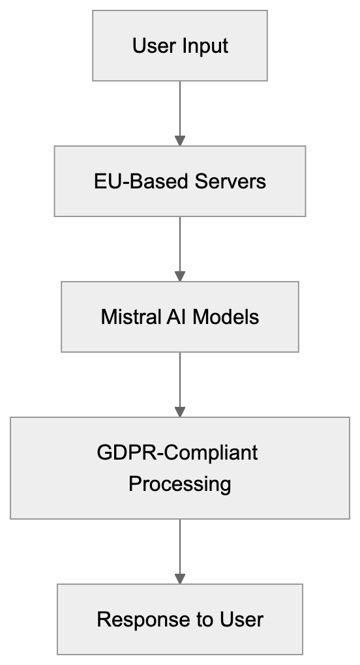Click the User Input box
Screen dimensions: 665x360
pyautogui.click(x=180, y=46)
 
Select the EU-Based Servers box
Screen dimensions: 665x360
pyautogui.click(x=180, y=181)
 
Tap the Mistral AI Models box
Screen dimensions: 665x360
pyautogui.click(x=180, y=317)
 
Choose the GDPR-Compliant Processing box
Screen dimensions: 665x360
pyautogui.click(x=180, y=468)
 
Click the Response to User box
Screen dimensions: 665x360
pyautogui.click(x=180, y=619)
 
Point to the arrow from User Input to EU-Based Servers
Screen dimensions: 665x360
pyautogui.click(x=180, y=111)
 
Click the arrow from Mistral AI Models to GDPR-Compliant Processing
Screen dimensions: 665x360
pyautogui.click(x=180, y=383)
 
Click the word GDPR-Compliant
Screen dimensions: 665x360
pyautogui.click(x=177, y=452)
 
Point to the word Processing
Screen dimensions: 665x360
pyautogui.click(x=180, y=484)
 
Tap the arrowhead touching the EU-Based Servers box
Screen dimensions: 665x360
pyautogui.click(x=180, y=141)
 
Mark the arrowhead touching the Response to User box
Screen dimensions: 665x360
pyautogui.click(x=180, y=579)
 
